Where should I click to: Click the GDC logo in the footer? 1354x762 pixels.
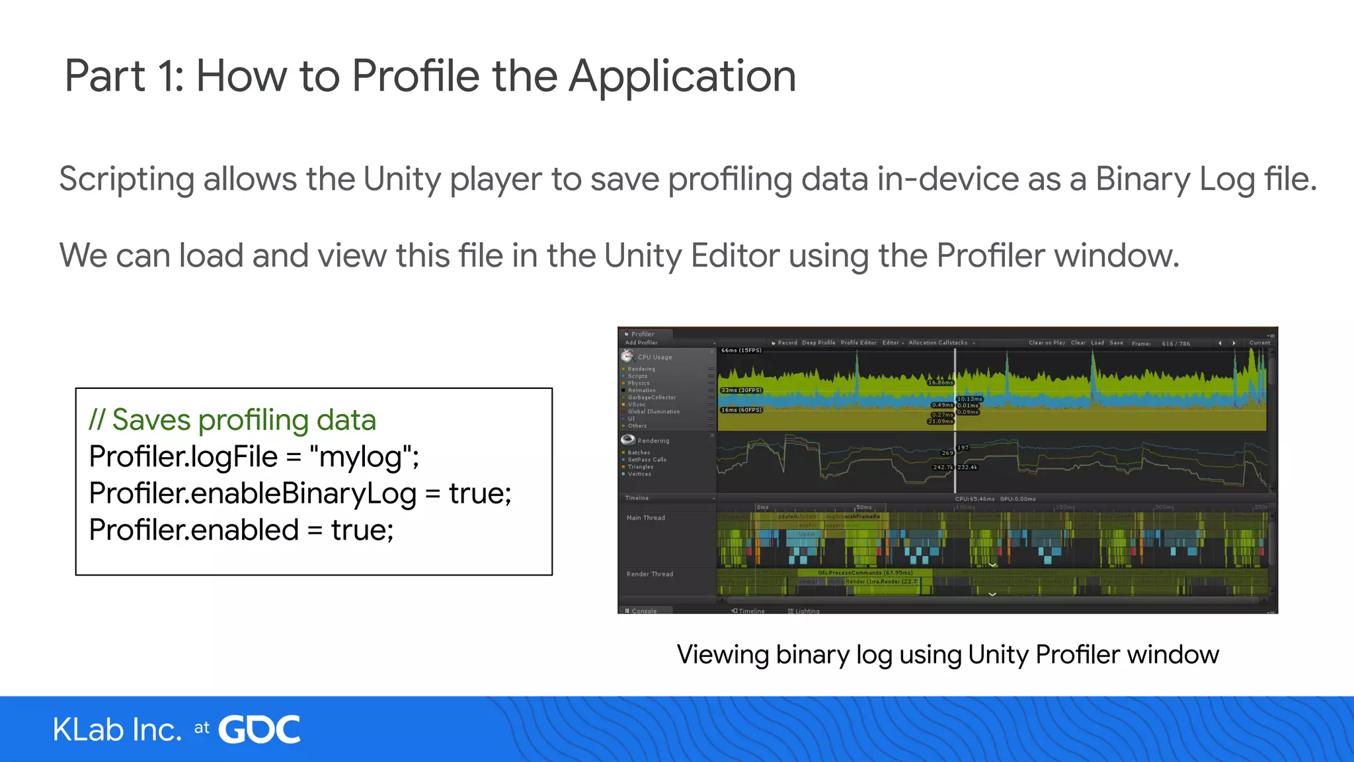pyautogui.click(x=259, y=730)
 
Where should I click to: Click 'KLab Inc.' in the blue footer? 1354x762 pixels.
pyautogui.click(x=117, y=730)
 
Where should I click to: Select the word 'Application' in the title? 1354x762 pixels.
pyautogui.click(x=682, y=76)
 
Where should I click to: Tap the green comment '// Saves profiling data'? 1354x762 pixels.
pyautogui.click(x=233, y=420)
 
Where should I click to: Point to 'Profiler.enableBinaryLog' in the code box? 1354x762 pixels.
pyautogui.click(x=253, y=493)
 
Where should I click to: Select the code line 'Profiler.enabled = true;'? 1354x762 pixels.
pyautogui.click(x=241, y=530)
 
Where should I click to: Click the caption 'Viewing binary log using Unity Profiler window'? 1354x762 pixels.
pyautogui.click(x=947, y=654)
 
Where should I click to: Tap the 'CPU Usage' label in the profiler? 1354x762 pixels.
pyautogui.click(x=655, y=357)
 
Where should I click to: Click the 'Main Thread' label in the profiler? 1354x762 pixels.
pyautogui.click(x=646, y=518)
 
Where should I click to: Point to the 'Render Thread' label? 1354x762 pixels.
pyautogui.click(x=650, y=574)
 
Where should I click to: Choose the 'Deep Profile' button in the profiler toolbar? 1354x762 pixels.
pyautogui.click(x=818, y=343)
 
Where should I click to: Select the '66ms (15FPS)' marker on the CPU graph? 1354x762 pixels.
pyautogui.click(x=741, y=351)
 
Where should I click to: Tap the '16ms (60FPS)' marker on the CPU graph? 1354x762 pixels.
pyautogui.click(x=741, y=410)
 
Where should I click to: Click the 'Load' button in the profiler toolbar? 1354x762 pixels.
pyautogui.click(x=1097, y=343)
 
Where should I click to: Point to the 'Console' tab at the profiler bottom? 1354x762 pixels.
pyautogui.click(x=644, y=611)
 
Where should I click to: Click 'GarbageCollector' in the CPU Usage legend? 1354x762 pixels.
pyautogui.click(x=652, y=398)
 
